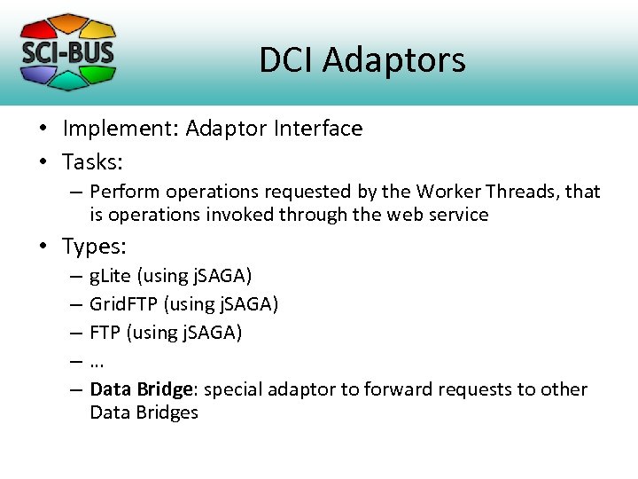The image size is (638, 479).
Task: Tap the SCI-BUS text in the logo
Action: [67, 51]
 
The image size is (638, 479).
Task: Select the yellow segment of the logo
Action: [100, 29]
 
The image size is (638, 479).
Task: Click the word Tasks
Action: [92, 162]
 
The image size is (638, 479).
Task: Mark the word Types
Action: [94, 246]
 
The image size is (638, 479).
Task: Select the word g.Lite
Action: [110, 276]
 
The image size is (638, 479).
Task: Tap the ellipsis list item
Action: [97, 361]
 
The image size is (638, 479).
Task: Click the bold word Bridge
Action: [167, 389]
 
